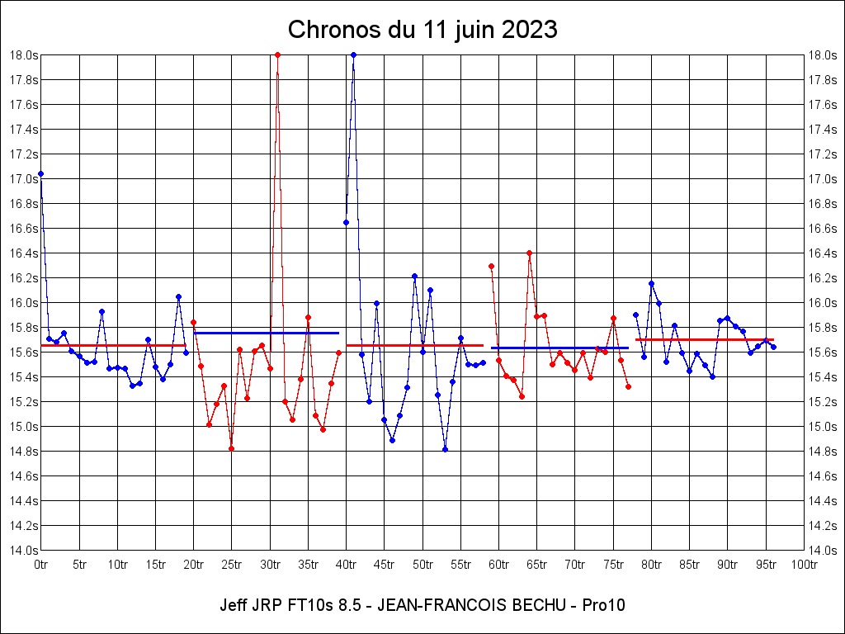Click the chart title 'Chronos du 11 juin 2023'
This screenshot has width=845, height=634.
tap(422, 30)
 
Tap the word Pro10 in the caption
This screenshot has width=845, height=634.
tap(603, 605)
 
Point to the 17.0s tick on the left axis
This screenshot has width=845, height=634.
tap(23, 178)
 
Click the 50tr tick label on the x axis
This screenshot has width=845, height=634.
tap(422, 565)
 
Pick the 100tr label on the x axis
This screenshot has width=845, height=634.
tap(804, 565)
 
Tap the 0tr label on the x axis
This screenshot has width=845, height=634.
tap(41, 565)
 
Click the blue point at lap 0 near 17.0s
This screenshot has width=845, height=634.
tap(41, 174)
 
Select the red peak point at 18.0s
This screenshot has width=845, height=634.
tap(277, 54)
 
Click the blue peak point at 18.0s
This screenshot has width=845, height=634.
tap(353, 54)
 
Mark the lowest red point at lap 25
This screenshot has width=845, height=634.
tap(232, 448)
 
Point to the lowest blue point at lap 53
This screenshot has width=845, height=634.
tap(445, 449)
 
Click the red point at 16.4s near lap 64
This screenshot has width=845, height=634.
tap(529, 253)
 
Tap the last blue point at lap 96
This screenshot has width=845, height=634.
tap(773, 347)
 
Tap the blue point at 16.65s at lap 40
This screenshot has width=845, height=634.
tap(346, 222)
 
